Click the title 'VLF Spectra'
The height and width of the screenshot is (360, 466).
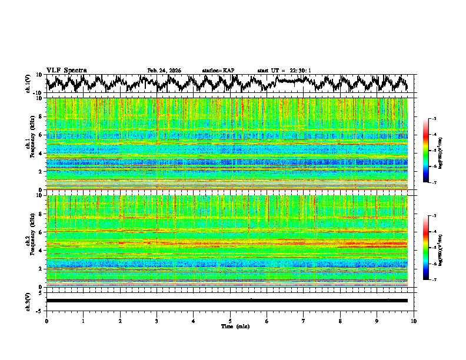coord(66,71)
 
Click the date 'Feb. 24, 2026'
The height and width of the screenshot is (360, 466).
coord(164,71)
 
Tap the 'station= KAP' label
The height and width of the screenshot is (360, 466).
coord(218,71)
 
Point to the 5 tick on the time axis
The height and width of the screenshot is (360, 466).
coord(230,321)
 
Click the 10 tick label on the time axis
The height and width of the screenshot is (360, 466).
coord(414,321)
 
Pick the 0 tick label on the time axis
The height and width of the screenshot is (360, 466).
coord(46,321)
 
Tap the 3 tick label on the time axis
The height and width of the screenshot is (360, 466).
coord(157,321)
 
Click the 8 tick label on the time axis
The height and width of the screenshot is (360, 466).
coord(340,321)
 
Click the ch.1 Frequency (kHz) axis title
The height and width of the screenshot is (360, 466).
coord(29,144)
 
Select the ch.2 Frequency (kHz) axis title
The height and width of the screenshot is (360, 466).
coord(29,241)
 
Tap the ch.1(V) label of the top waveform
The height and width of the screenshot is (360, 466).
coord(28,84)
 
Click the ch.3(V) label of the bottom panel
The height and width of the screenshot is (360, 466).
coord(28,301)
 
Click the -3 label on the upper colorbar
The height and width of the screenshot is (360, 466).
coord(434,119)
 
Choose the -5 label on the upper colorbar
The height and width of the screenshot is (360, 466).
coord(434,151)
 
